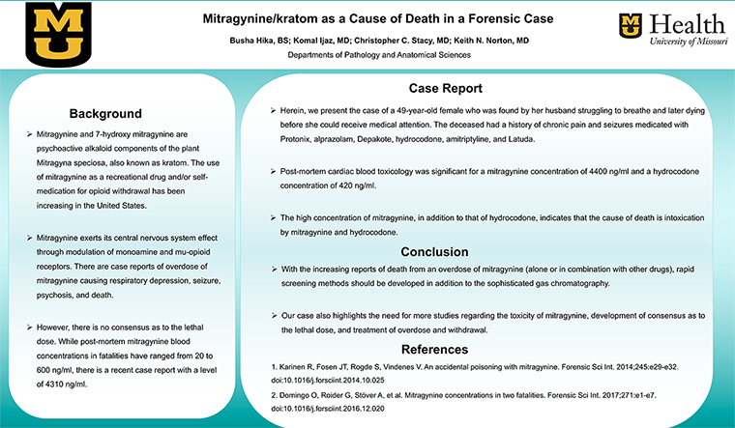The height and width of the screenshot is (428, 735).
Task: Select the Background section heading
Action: [112, 113]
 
